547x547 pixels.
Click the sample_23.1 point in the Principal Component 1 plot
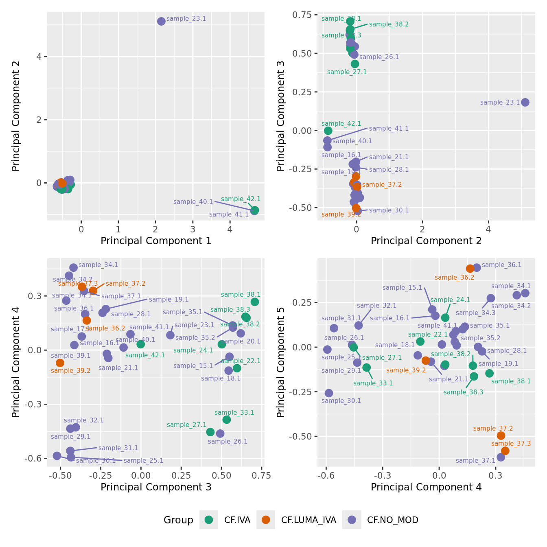point(161,21)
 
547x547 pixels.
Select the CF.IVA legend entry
point(209,520)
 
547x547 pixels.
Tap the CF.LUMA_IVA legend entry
point(266,520)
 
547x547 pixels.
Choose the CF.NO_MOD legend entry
point(352,520)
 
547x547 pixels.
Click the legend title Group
point(178,520)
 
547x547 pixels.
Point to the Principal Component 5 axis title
point(281,362)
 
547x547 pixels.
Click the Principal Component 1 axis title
point(156,241)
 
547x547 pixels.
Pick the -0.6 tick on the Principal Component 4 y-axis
point(34,459)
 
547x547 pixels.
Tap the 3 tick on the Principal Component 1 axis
point(193,229)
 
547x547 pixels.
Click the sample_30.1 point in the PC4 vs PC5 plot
point(329,393)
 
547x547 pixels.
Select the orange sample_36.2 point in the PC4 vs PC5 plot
point(470,269)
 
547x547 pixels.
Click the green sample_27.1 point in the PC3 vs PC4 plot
point(210,432)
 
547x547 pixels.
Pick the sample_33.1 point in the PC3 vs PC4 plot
point(227,420)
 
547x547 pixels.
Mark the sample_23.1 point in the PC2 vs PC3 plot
point(525,102)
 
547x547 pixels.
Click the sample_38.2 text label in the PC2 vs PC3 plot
point(389,24)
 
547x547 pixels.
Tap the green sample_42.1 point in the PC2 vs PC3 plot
point(328,131)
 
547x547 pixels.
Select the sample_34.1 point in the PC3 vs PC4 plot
point(73,267)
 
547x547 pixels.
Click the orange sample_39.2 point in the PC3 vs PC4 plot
point(60,363)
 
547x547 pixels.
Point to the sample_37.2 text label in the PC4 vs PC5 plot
point(493,429)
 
